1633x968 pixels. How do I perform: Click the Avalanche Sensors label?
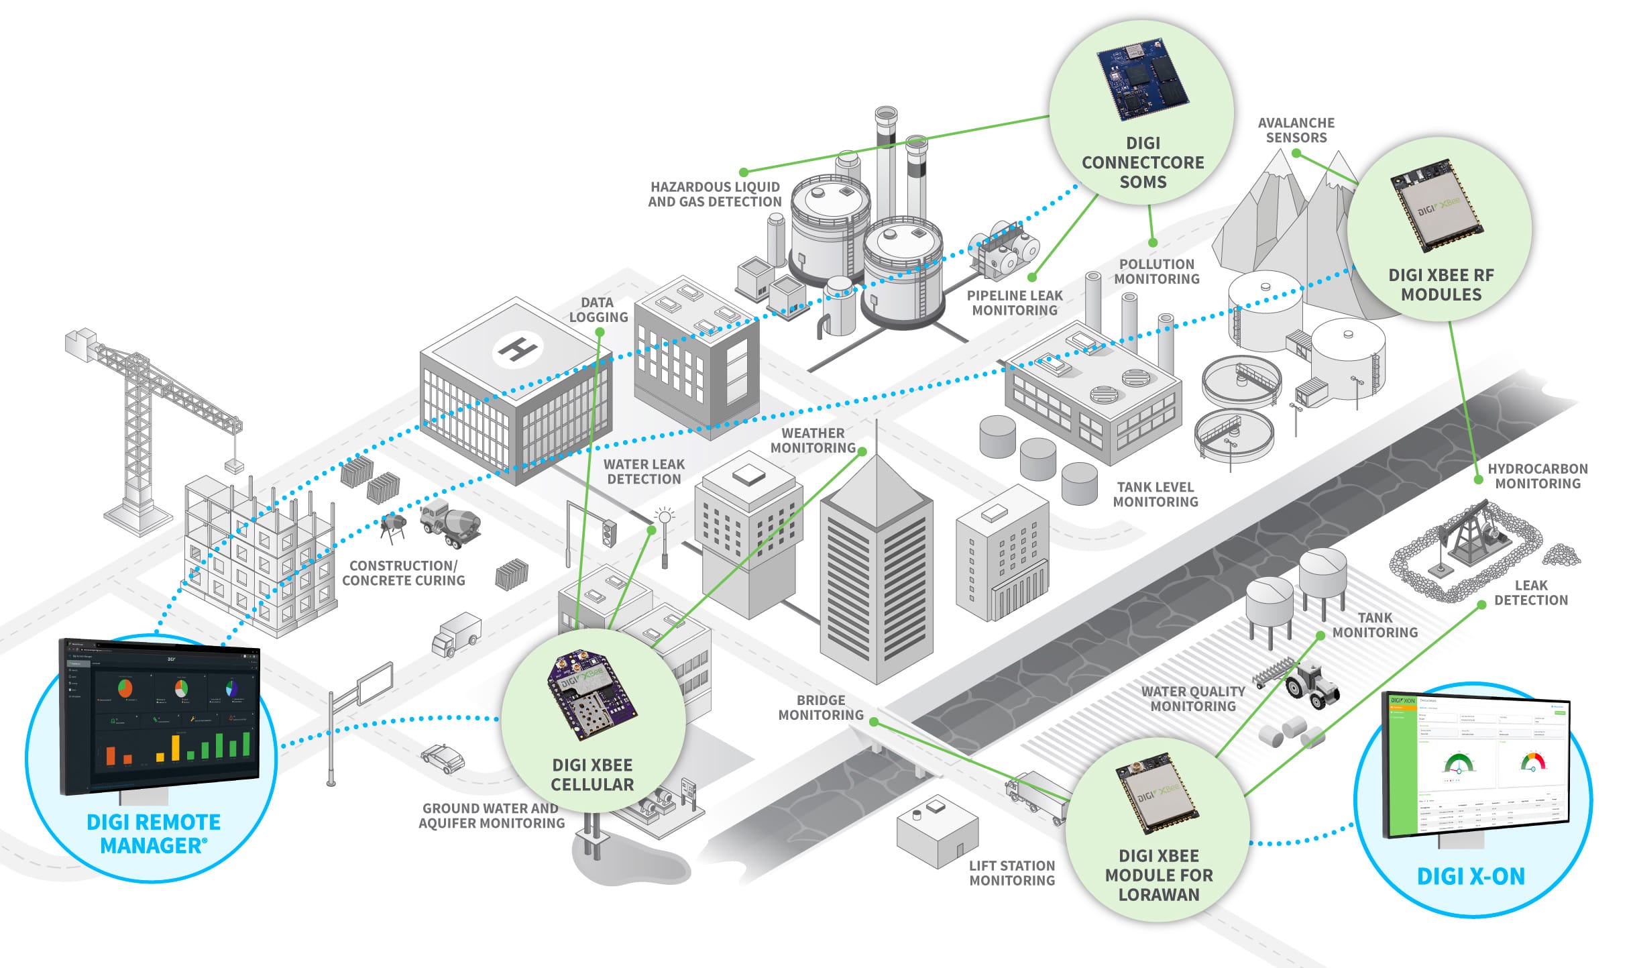(1296, 130)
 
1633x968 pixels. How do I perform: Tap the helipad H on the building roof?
(516, 349)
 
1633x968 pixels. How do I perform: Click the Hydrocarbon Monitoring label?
(1537, 476)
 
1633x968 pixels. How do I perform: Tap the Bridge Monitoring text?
(821, 708)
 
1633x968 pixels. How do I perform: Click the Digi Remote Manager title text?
(154, 834)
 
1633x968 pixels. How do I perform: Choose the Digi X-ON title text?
(1471, 876)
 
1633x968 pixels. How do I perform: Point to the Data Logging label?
(598, 310)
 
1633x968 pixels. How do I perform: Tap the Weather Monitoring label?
(813, 441)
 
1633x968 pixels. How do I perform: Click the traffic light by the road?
(609, 533)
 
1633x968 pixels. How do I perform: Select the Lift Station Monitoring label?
(1012, 873)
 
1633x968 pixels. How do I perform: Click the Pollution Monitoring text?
(1157, 272)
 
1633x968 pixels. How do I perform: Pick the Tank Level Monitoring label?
(1155, 494)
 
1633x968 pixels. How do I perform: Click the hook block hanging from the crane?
(233, 464)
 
